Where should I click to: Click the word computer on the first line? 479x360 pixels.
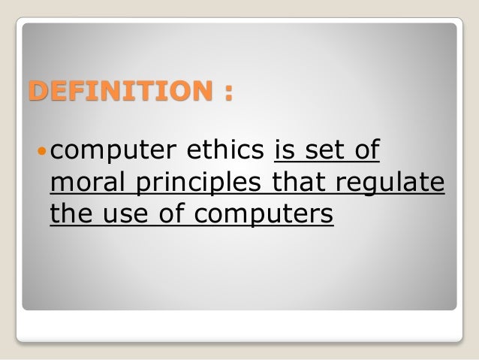[104, 153]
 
